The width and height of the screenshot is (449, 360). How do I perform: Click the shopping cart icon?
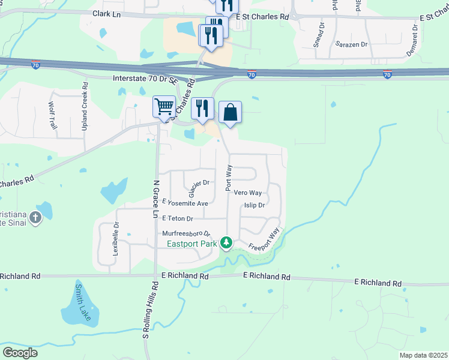164,107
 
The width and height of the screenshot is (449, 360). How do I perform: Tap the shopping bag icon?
230,112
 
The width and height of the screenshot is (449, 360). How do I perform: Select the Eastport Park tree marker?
226,242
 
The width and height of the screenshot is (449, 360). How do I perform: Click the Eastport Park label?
191,243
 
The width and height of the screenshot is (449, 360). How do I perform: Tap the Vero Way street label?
247,193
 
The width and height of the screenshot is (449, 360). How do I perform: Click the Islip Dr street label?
255,205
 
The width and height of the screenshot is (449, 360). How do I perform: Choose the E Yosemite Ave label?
185,203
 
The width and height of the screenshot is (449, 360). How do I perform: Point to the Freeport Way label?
264,238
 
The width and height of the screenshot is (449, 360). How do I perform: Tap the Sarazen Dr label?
351,44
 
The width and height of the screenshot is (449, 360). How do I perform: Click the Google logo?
20,353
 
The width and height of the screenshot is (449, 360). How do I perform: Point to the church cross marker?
35,217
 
